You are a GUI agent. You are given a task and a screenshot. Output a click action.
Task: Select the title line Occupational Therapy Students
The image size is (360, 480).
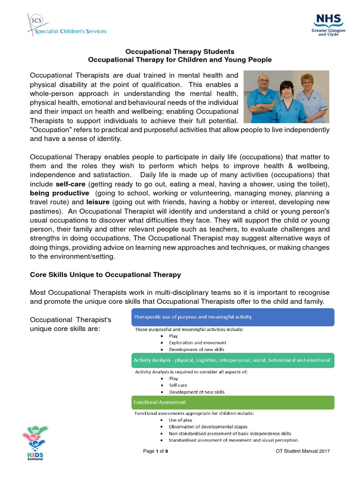[x=180, y=52]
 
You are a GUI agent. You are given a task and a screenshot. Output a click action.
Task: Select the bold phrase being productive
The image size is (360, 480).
[x=59, y=193]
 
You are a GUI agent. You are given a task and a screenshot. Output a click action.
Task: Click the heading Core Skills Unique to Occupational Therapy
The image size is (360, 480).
[x=105, y=275]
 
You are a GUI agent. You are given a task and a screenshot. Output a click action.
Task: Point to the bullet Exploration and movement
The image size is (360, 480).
[x=197, y=343]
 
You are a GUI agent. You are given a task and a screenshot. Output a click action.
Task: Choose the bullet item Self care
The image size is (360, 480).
[x=178, y=385]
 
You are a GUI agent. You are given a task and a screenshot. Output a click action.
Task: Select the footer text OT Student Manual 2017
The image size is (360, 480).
[x=303, y=451]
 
